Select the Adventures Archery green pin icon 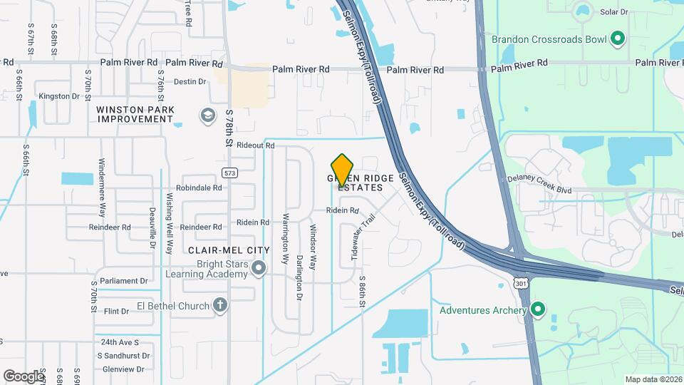(539, 310)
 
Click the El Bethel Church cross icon (220, 306)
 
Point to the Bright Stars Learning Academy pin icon (259, 269)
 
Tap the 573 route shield (229, 173)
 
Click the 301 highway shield (522, 283)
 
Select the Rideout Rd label (256, 145)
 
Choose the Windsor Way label (313, 247)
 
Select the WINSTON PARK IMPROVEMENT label (135, 114)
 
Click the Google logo (24, 376)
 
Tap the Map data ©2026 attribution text (653, 379)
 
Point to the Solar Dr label (614, 12)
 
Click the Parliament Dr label (123, 280)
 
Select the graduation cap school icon (207, 115)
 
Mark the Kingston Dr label (59, 96)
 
